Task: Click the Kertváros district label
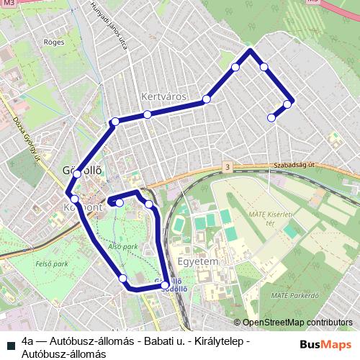point(165,96)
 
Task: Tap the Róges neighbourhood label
point(54,42)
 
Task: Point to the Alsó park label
point(123,246)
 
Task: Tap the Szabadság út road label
point(295,164)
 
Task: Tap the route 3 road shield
point(228,167)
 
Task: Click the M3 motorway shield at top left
point(9,3)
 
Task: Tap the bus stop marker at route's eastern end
point(287,104)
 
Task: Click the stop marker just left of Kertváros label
point(147,114)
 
